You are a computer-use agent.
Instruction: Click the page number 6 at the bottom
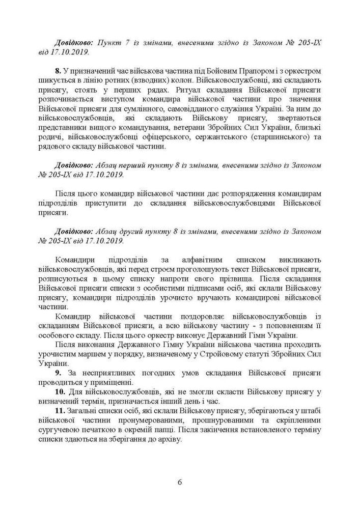[x=180, y=482]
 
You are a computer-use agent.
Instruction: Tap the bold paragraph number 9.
[x=58, y=373]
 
